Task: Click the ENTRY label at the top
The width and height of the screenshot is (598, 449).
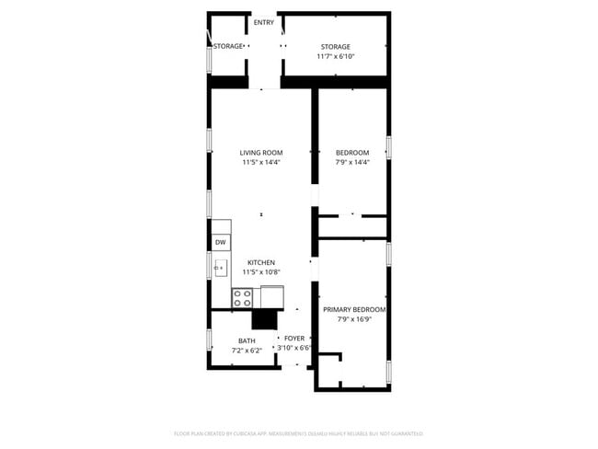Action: (x=263, y=23)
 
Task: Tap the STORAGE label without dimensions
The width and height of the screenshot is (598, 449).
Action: (x=227, y=46)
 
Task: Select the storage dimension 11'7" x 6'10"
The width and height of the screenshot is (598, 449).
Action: (x=336, y=57)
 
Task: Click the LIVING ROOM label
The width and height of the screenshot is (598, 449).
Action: (x=261, y=153)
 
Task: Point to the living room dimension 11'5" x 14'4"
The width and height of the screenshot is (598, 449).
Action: (x=261, y=162)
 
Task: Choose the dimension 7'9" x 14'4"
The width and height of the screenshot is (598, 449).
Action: (x=352, y=162)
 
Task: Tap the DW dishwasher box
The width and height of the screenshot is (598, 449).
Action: (x=221, y=243)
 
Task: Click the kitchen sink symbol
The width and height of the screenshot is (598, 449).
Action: (x=221, y=269)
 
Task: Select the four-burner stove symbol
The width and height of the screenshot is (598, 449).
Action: (x=243, y=297)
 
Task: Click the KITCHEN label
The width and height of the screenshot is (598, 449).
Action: (x=261, y=263)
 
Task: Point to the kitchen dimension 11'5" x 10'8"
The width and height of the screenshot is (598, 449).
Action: (x=261, y=272)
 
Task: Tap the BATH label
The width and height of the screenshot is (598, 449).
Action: (x=247, y=341)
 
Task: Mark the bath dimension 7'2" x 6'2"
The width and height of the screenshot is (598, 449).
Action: (x=247, y=351)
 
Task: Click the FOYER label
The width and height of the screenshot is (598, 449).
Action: (x=294, y=339)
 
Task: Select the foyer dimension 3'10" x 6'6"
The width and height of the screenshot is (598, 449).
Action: (x=294, y=348)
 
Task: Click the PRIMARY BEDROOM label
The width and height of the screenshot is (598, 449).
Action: (x=354, y=310)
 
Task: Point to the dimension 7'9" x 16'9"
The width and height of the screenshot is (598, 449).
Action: (x=354, y=320)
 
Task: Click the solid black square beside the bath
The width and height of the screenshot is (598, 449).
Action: (x=265, y=318)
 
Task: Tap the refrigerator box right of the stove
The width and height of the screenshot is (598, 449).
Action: (x=272, y=296)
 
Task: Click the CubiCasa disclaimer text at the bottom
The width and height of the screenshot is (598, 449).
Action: (x=298, y=433)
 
